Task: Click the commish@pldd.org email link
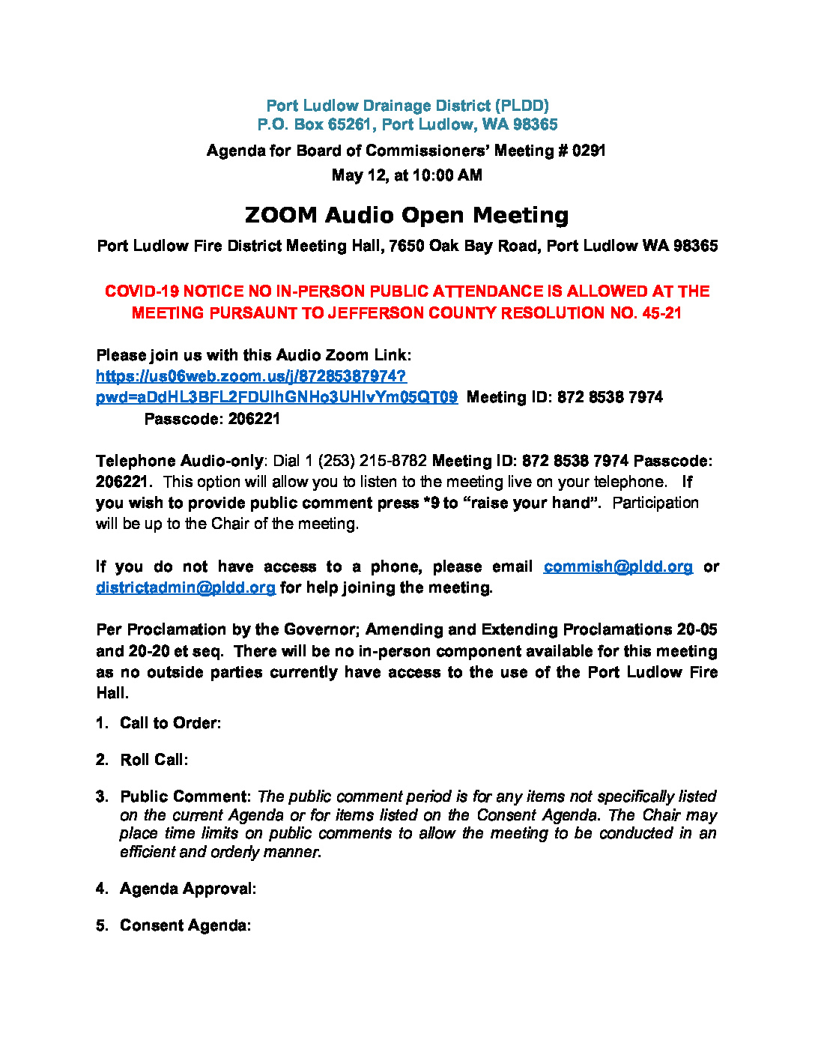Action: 618,566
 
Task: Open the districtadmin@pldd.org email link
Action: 185,587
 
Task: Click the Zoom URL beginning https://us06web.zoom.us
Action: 251,376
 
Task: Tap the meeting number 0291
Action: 589,151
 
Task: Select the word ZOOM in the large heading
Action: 281,215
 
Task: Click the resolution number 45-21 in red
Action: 661,313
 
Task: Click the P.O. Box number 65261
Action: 349,124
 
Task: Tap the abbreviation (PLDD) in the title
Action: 522,106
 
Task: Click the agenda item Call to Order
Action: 170,723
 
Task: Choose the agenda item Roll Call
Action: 154,760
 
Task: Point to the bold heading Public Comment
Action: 185,796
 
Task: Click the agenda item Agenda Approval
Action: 187,889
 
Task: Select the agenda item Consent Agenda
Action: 185,925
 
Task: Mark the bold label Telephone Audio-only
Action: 179,460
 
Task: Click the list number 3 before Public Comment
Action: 101,796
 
